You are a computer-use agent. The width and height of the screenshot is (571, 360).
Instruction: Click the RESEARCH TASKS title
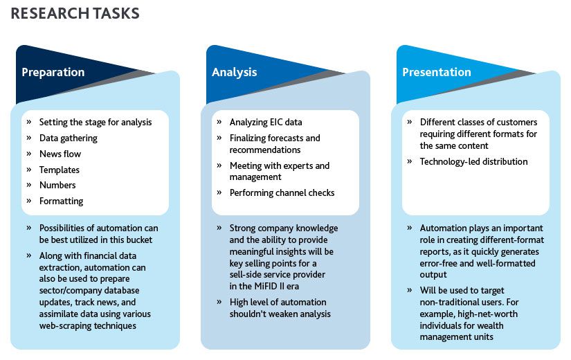click(x=75, y=13)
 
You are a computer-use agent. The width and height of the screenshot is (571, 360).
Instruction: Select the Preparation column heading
click(x=53, y=73)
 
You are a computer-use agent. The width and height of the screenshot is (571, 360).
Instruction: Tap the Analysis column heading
click(x=235, y=73)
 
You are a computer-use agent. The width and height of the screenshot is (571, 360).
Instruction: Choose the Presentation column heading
click(x=437, y=72)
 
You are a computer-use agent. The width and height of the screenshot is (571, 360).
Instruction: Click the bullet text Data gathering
click(x=69, y=138)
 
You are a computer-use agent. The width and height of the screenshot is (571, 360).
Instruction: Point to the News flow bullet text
click(x=60, y=154)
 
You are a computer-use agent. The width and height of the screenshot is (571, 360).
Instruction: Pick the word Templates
click(x=60, y=170)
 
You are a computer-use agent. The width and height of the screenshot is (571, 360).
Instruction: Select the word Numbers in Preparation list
click(x=57, y=185)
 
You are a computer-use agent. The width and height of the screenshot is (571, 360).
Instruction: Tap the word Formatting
click(x=61, y=201)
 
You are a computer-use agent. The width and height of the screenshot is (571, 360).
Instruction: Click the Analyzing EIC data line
click(x=266, y=123)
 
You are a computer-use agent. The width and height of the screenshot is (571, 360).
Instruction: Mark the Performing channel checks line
click(x=282, y=192)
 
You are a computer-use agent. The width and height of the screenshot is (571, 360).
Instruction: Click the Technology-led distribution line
click(x=474, y=162)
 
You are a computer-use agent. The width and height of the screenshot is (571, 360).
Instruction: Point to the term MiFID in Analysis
click(x=266, y=287)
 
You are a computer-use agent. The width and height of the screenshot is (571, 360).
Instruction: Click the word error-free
click(x=437, y=264)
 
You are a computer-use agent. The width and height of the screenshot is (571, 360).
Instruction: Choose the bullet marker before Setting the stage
click(x=29, y=122)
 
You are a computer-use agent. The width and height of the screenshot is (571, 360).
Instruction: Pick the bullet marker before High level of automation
click(x=219, y=302)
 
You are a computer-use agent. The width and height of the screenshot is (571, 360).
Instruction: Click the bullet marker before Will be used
click(x=410, y=290)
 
